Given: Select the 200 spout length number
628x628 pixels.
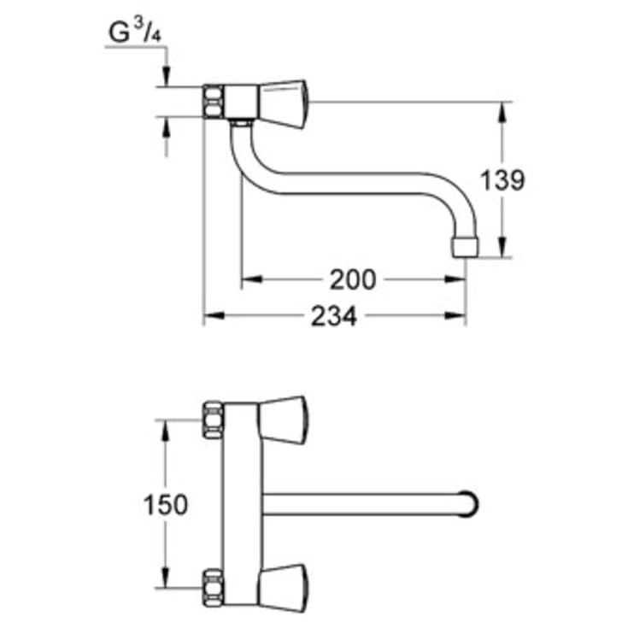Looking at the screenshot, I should [x=352, y=279].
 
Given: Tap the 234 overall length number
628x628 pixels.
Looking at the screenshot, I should [x=332, y=316].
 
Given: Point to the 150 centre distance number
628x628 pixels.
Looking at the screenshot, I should [x=165, y=504].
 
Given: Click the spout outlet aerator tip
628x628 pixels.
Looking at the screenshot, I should [x=464, y=246].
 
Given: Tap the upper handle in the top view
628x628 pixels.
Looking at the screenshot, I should [x=283, y=420].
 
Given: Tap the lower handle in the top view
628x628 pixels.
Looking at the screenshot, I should [x=283, y=589].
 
